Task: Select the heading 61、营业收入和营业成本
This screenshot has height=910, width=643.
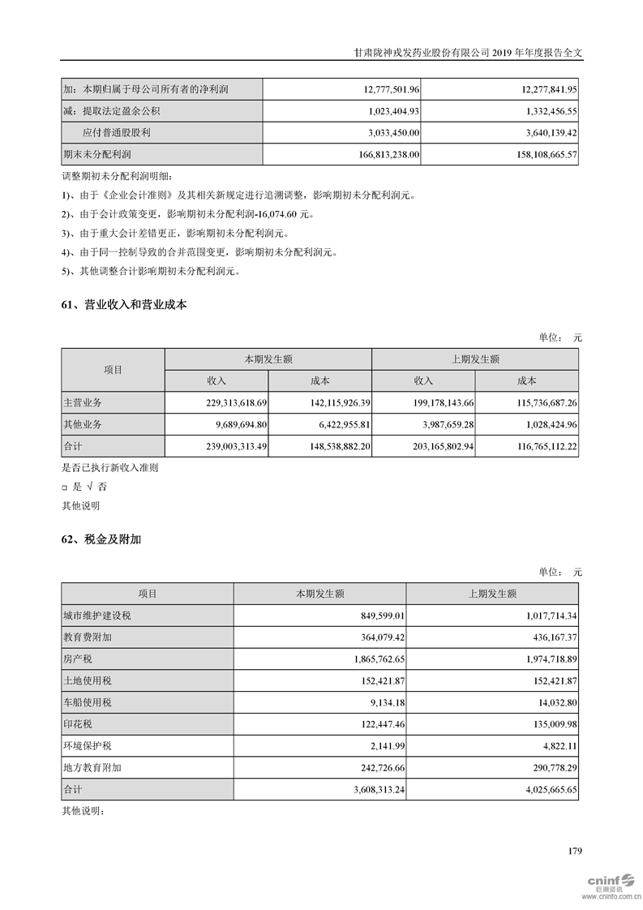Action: pos(124,305)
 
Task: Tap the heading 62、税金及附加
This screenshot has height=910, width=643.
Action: pos(101,539)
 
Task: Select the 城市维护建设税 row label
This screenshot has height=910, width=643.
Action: pos(96,616)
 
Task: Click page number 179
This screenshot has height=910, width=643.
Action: pos(575,851)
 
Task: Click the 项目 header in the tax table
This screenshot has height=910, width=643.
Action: pos(148,594)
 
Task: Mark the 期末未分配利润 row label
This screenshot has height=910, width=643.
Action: pos(96,153)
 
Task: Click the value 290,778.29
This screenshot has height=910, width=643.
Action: pos(547,766)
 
